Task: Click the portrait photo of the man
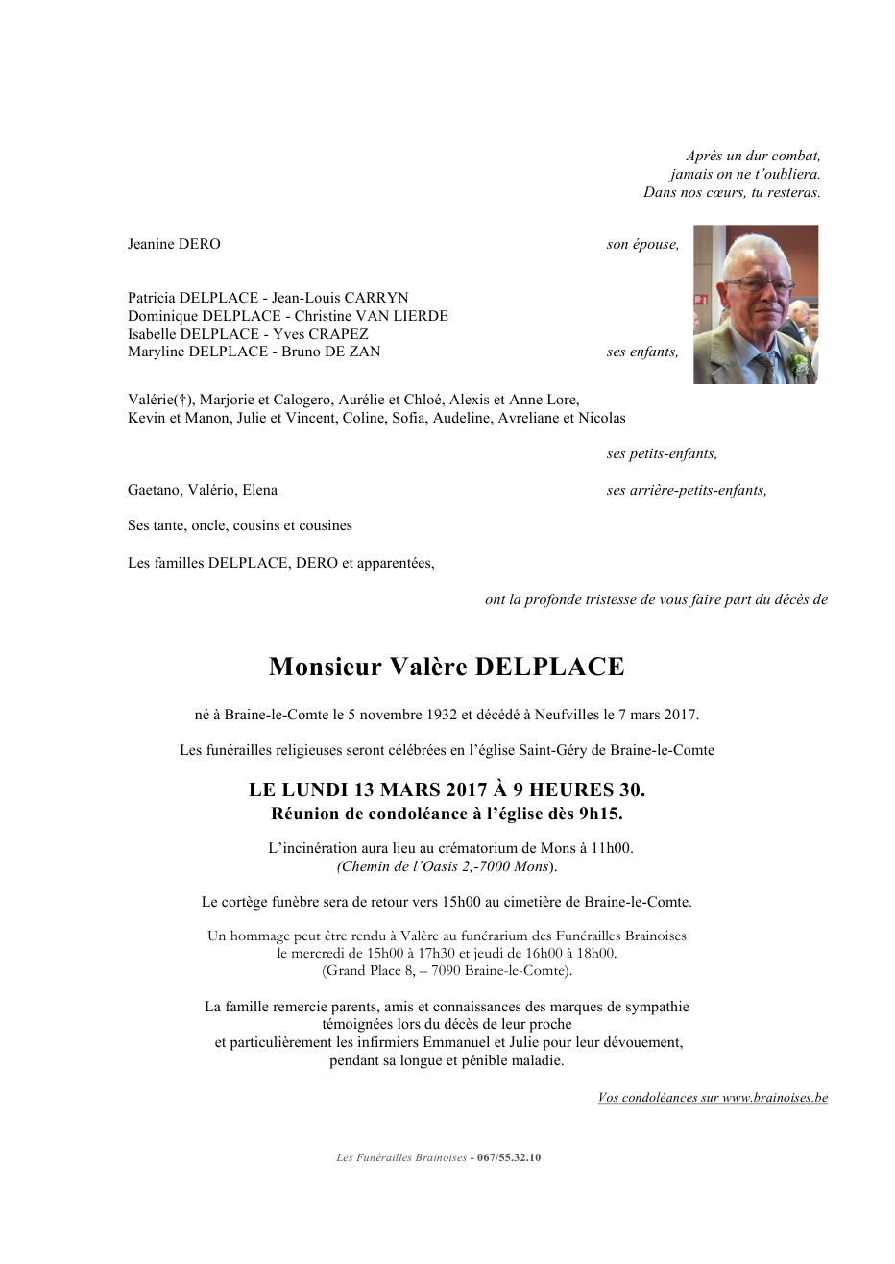pos(756,304)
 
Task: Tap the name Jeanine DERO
pos(174,244)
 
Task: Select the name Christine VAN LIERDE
pos(371,316)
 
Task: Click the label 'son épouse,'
pos(642,244)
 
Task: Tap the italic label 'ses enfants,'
pos(641,352)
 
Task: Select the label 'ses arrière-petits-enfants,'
pos(687,490)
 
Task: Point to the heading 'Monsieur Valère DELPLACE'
pos(447,667)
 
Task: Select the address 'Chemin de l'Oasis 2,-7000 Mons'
pos(445,866)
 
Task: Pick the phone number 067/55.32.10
pos(509,1157)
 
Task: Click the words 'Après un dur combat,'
pos(753,156)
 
